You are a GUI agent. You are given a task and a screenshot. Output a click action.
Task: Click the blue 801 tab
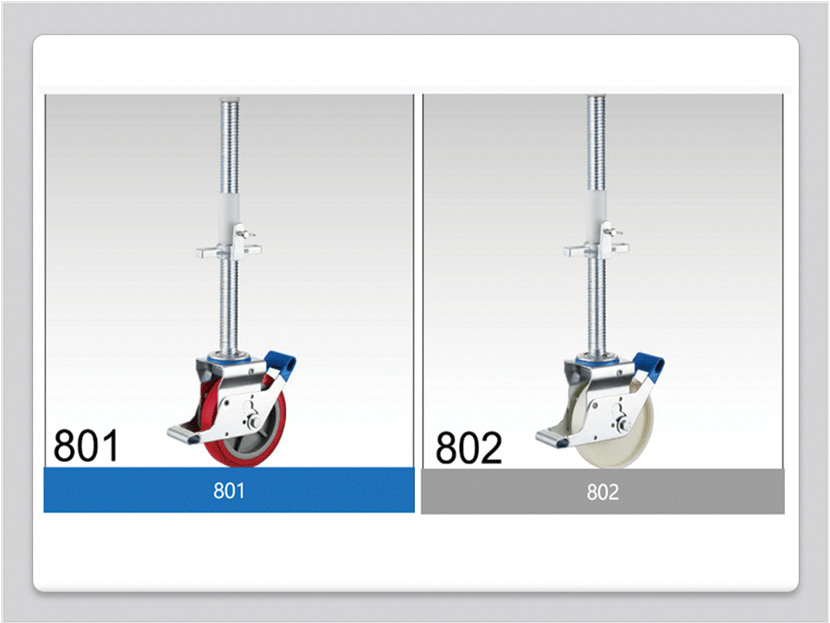[228, 490]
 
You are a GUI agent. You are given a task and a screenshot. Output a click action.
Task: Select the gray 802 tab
[603, 491]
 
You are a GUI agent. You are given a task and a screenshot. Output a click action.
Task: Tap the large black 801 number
[86, 446]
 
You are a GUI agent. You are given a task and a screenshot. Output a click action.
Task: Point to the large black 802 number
[469, 447]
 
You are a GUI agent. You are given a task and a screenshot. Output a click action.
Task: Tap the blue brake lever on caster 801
[280, 364]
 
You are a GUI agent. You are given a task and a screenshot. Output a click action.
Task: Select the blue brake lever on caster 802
[648, 366]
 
